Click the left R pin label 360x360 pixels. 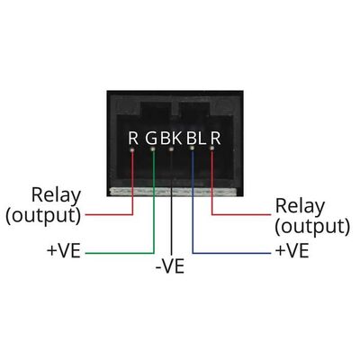click(x=133, y=138)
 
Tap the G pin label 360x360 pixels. click(x=151, y=138)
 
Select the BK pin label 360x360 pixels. click(x=171, y=138)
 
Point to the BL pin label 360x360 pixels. click(x=196, y=138)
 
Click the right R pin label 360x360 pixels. click(x=215, y=138)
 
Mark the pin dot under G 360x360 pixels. click(x=153, y=149)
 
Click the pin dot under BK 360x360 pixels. click(x=171, y=149)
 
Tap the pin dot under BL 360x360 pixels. click(x=193, y=148)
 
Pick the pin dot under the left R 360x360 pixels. click(x=132, y=149)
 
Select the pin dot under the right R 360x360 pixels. click(x=212, y=148)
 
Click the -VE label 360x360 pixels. click(x=170, y=266)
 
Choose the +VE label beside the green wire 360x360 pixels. click(x=64, y=251)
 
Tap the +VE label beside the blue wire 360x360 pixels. click(x=292, y=251)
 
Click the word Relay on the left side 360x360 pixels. click(x=56, y=195)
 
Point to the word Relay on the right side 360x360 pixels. click(x=300, y=206)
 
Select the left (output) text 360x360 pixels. click(x=43, y=215)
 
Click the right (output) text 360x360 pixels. click(x=312, y=227)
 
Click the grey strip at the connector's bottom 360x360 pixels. click(x=175, y=192)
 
